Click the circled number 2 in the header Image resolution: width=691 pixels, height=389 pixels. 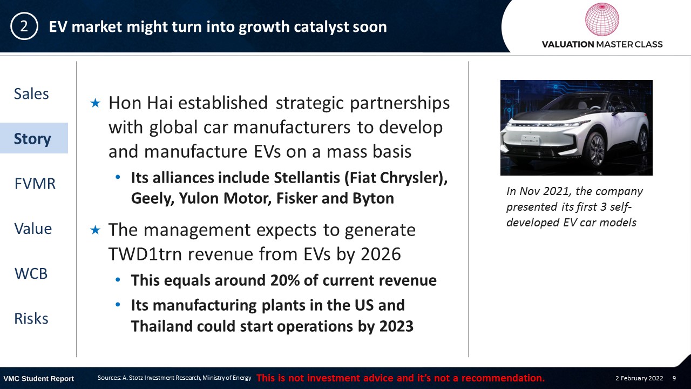(x=24, y=26)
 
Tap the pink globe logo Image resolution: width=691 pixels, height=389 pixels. (x=602, y=19)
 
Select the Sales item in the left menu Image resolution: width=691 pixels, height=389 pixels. (x=31, y=93)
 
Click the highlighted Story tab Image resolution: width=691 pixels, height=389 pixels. (x=32, y=139)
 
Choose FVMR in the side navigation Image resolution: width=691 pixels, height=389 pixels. (x=35, y=184)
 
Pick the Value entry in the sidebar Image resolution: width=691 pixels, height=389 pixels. (x=33, y=229)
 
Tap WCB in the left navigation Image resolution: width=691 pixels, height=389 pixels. (x=31, y=273)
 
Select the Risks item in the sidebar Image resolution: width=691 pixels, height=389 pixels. (x=31, y=319)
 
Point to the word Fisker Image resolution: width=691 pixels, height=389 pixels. (x=297, y=198)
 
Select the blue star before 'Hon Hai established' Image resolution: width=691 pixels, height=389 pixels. (x=96, y=103)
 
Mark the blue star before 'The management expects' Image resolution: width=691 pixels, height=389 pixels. (x=96, y=230)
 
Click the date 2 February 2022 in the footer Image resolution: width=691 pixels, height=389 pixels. (x=639, y=378)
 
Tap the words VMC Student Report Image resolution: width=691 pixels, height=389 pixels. (x=38, y=379)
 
